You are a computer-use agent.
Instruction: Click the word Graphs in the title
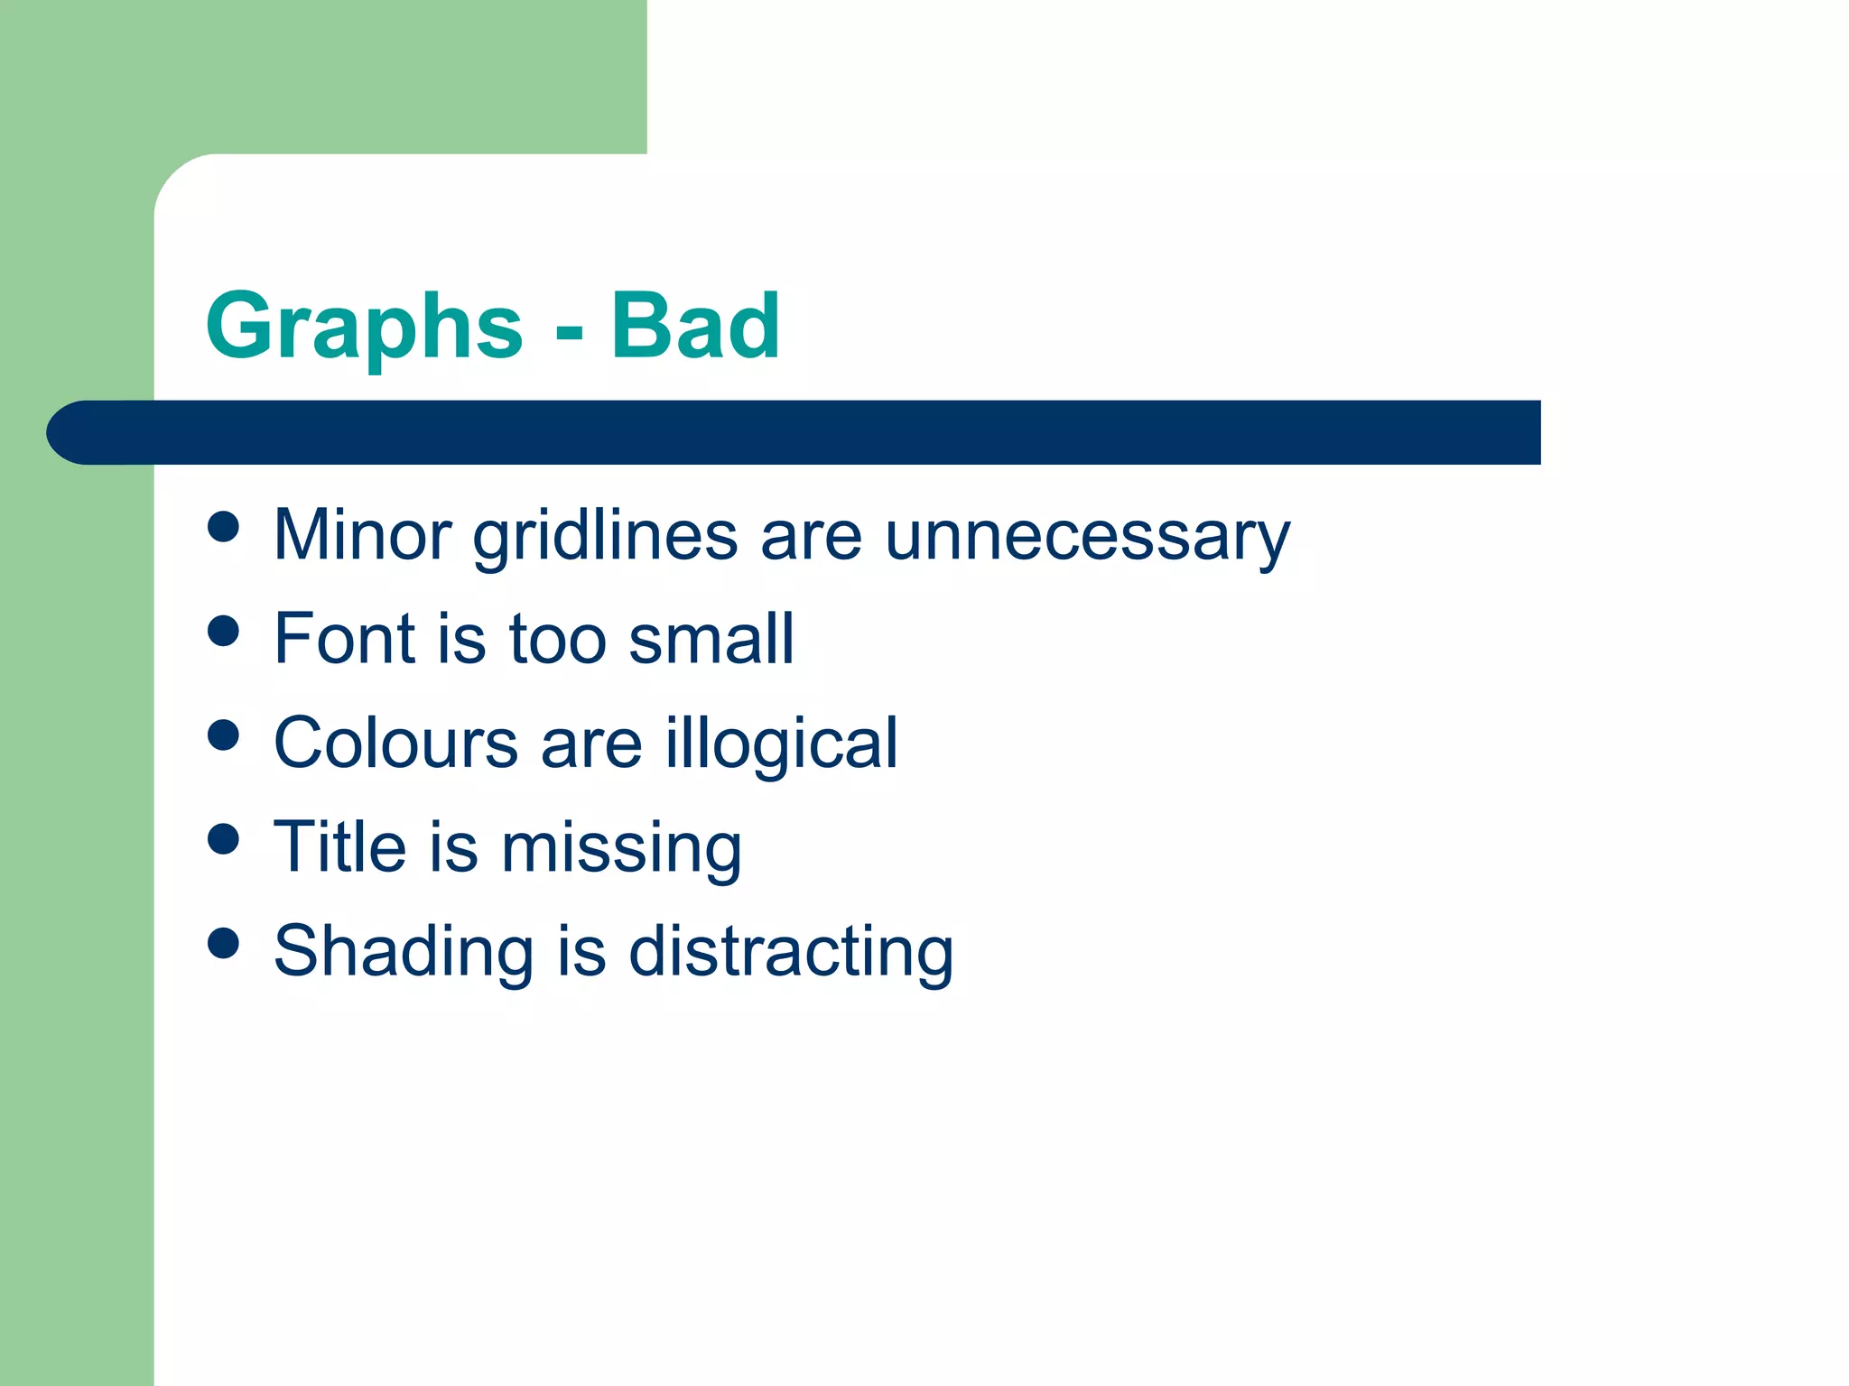pyautogui.click(x=364, y=328)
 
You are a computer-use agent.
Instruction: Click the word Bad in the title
pyautogui.click(x=694, y=326)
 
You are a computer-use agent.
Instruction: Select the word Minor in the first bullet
pyautogui.click(x=362, y=535)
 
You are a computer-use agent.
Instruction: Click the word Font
pyautogui.click(x=342, y=639)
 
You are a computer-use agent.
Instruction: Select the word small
pyautogui.click(x=711, y=639)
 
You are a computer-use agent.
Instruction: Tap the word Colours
pyautogui.click(x=395, y=743)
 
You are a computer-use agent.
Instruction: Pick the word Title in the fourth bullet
pyautogui.click(x=339, y=846)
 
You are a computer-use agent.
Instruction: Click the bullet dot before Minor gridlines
pyautogui.click(x=223, y=527)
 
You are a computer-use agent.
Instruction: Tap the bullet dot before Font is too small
pyautogui.click(x=223, y=631)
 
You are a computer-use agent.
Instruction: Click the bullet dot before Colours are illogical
pyautogui.click(x=223, y=735)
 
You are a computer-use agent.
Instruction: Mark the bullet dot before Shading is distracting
pyautogui.click(x=223, y=943)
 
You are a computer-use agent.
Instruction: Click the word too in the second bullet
pyautogui.click(x=557, y=639)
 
